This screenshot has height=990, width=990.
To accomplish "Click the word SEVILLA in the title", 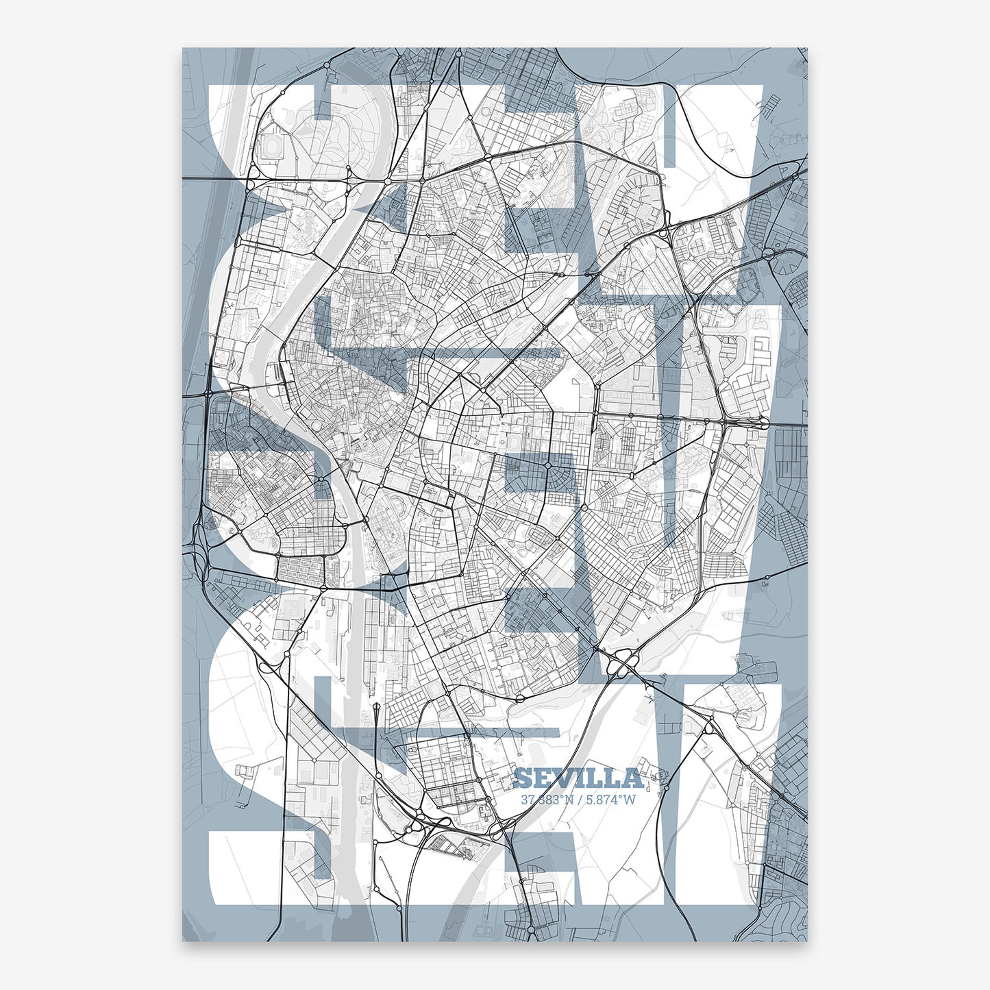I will [x=578, y=778].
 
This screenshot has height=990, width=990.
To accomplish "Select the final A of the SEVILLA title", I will [x=633, y=778].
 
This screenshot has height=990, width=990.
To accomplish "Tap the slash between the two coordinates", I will [x=578, y=799].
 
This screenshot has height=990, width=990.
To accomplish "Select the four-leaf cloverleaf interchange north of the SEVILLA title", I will [x=623, y=661].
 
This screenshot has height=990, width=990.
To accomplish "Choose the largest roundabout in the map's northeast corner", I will [x=768, y=256].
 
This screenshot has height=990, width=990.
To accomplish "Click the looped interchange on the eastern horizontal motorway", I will [x=762, y=421].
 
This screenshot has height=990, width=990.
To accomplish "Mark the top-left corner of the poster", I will [x=182, y=48].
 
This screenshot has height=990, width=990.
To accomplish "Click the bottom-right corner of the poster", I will [x=808, y=941].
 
